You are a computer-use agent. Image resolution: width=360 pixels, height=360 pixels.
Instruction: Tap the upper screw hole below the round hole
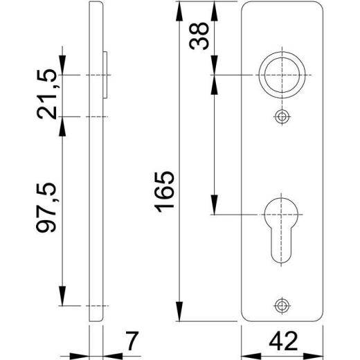(x=281, y=116)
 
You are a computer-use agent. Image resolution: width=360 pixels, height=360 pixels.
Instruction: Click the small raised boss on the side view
(x=108, y=74)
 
